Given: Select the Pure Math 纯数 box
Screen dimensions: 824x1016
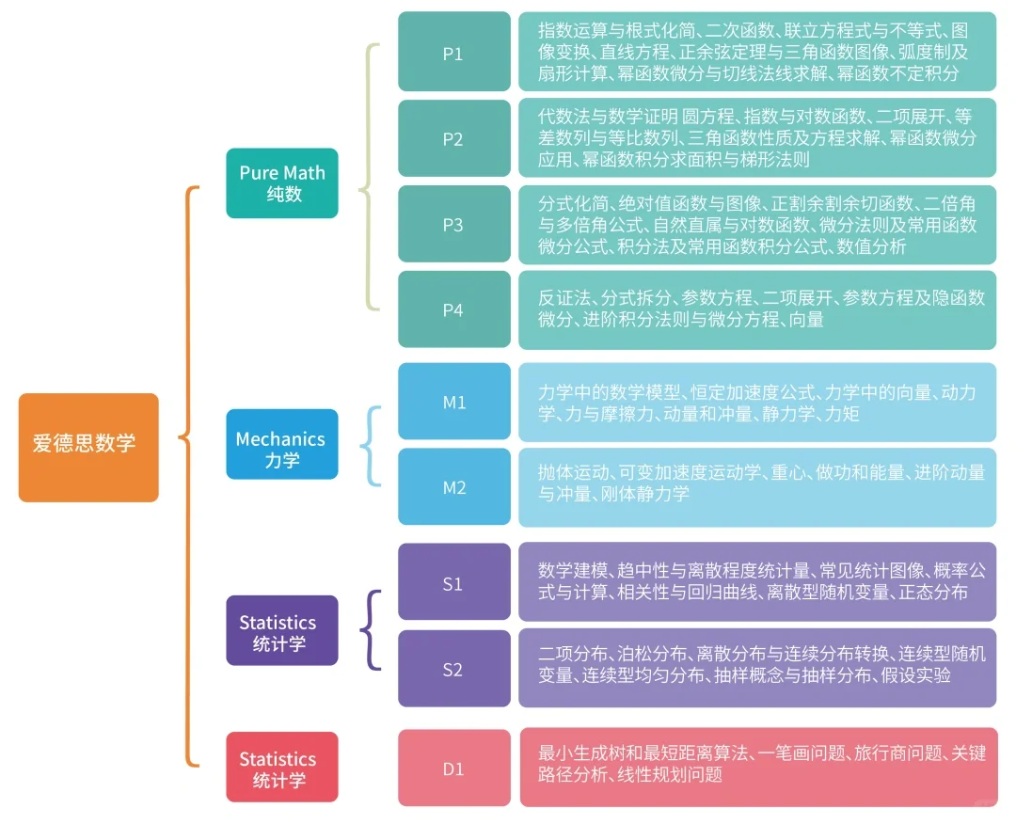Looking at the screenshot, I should pyautogui.click(x=281, y=183).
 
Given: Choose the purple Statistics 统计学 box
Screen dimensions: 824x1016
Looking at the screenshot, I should pyautogui.click(x=281, y=630).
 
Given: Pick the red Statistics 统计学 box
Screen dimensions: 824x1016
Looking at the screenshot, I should pyautogui.click(x=281, y=767).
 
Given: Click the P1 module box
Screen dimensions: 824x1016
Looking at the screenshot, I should pyautogui.click(x=453, y=52).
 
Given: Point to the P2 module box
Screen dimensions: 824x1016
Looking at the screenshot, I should pyautogui.click(x=453, y=138).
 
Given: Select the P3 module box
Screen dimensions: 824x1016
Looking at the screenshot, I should pyautogui.click(x=453, y=224).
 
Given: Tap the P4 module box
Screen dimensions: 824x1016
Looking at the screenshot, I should pyautogui.click(x=453, y=309).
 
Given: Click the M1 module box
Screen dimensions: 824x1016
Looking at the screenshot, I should pyautogui.click(x=453, y=402).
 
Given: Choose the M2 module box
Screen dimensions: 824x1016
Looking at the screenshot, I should pyautogui.click(x=453, y=487).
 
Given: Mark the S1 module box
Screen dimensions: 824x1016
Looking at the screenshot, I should pyautogui.click(x=453, y=582).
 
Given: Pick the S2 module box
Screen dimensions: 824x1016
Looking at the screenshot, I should pyautogui.click(x=453, y=669).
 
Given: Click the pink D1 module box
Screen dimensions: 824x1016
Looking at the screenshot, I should pyautogui.click(x=453, y=768).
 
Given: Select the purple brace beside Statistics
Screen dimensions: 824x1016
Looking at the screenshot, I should pyautogui.click(x=371, y=629).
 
